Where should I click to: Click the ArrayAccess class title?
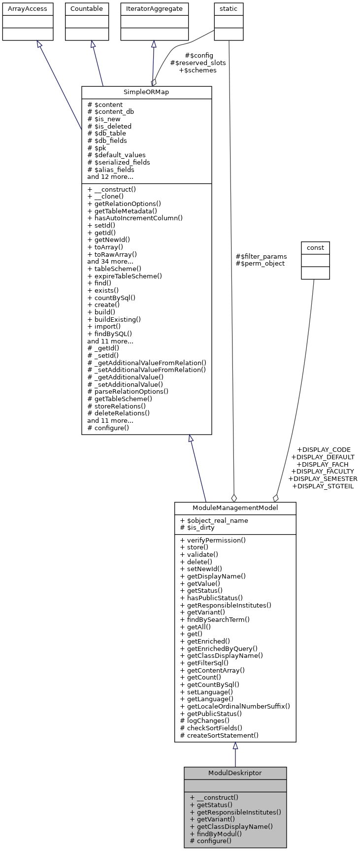point(28,9)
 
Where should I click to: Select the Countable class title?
point(87,9)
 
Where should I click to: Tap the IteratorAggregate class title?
point(154,9)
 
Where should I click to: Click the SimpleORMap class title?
point(146,93)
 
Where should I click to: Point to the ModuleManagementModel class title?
point(235,508)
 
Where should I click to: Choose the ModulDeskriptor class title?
point(235,773)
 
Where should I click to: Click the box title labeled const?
point(315,247)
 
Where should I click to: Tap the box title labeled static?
point(229,9)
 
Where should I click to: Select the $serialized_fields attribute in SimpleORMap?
point(119,162)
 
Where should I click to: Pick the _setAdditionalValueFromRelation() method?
point(146,370)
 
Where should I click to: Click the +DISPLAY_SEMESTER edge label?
point(323,478)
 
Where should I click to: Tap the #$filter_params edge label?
point(261,256)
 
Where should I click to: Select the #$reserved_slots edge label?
point(198,63)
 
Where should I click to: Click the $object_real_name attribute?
point(214,520)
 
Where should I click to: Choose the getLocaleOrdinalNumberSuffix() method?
point(235,706)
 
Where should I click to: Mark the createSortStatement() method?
point(219,735)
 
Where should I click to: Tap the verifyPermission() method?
point(213,540)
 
